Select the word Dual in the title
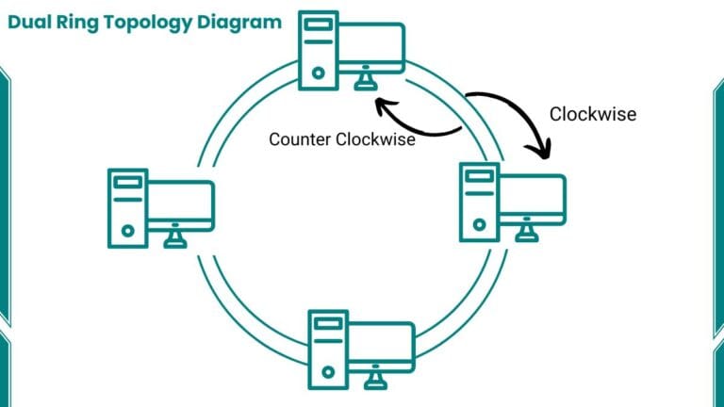coord(28,21)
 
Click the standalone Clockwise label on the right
coord(592,114)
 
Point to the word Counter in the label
coord(300,138)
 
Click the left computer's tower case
coord(127,207)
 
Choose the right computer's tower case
coord(479,201)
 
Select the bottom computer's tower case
coord(328,350)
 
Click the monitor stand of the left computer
coord(174,239)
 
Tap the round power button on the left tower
coord(127,228)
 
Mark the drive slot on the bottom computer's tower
coord(328,325)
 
